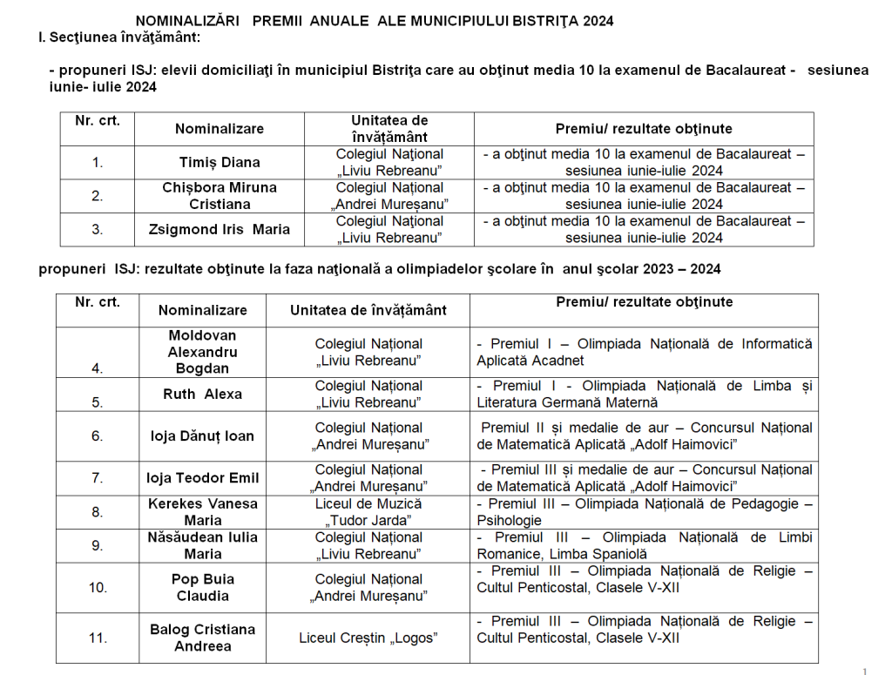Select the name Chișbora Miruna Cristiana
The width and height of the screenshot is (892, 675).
[x=220, y=196]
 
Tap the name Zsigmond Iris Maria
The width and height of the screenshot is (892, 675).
[x=220, y=230]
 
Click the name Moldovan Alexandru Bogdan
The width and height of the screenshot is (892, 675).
[x=202, y=352]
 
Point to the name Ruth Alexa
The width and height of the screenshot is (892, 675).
[x=202, y=394]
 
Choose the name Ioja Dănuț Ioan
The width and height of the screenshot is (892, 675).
[x=202, y=435]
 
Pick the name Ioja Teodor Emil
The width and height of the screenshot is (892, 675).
[x=202, y=477]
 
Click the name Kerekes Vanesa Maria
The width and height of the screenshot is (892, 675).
[x=202, y=512]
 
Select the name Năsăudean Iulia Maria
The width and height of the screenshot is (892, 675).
[x=202, y=545]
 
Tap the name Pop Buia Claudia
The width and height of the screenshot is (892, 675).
[x=202, y=587]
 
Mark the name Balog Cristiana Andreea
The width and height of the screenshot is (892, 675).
[x=202, y=638]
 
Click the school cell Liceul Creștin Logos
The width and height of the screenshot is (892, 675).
[x=368, y=638]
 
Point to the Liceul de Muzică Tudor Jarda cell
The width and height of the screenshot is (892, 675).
[x=368, y=512]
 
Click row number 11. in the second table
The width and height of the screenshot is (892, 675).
[x=98, y=638]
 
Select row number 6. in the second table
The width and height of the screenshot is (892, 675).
[x=98, y=435]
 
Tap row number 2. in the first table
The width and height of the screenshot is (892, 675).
[x=98, y=196]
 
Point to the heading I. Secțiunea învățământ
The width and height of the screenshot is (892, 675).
[x=119, y=37]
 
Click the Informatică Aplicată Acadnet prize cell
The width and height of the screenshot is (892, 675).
[x=644, y=352]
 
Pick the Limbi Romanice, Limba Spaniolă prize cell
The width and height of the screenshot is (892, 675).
[x=644, y=545]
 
